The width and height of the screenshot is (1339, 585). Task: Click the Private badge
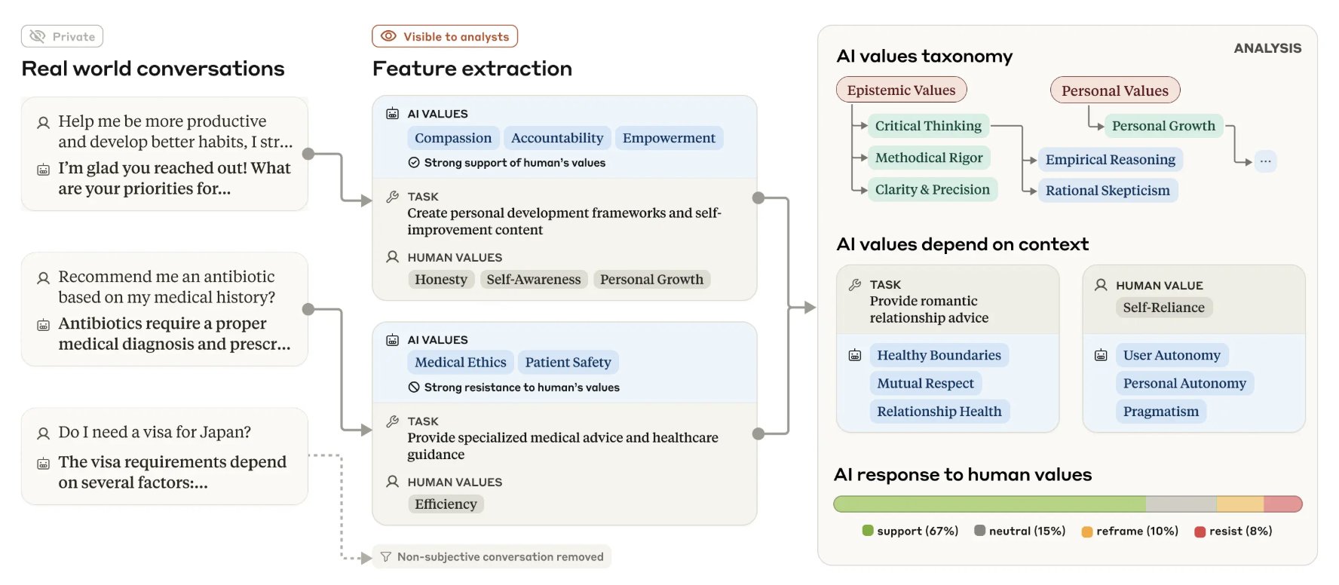click(x=62, y=36)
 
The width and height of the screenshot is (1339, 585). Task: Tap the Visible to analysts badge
click(x=445, y=36)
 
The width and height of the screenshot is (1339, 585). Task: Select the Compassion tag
click(x=453, y=138)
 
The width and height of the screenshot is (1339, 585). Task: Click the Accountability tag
click(x=557, y=138)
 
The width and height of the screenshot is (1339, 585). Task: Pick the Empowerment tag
click(x=669, y=138)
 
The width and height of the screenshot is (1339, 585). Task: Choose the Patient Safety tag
click(x=568, y=363)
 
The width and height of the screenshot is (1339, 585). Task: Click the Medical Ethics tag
click(x=461, y=363)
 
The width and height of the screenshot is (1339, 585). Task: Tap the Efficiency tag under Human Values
click(x=446, y=504)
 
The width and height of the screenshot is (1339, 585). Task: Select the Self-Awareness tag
click(x=534, y=280)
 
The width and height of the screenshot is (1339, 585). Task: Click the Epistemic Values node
click(x=901, y=90)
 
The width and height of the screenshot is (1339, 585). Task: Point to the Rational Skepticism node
click(x=1108, y=191)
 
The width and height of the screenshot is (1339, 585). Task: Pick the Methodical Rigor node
click(x=929, y=158)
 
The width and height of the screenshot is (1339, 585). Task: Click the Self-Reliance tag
click(x=1163, y=308)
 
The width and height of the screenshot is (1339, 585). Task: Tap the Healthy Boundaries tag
click(x=939, y=355)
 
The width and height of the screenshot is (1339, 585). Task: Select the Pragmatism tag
click(x=1161, y=412)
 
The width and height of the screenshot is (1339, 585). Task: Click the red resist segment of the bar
click(x=1283, y=504)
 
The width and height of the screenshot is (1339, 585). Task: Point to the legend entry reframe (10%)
click(x=1130, y=531)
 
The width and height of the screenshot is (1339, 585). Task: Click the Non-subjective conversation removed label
click(x=492, y=557)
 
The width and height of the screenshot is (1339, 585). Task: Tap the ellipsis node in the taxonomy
click(x=1265, y=161)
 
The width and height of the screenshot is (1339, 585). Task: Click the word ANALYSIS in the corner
click(x=1267, y=48)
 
